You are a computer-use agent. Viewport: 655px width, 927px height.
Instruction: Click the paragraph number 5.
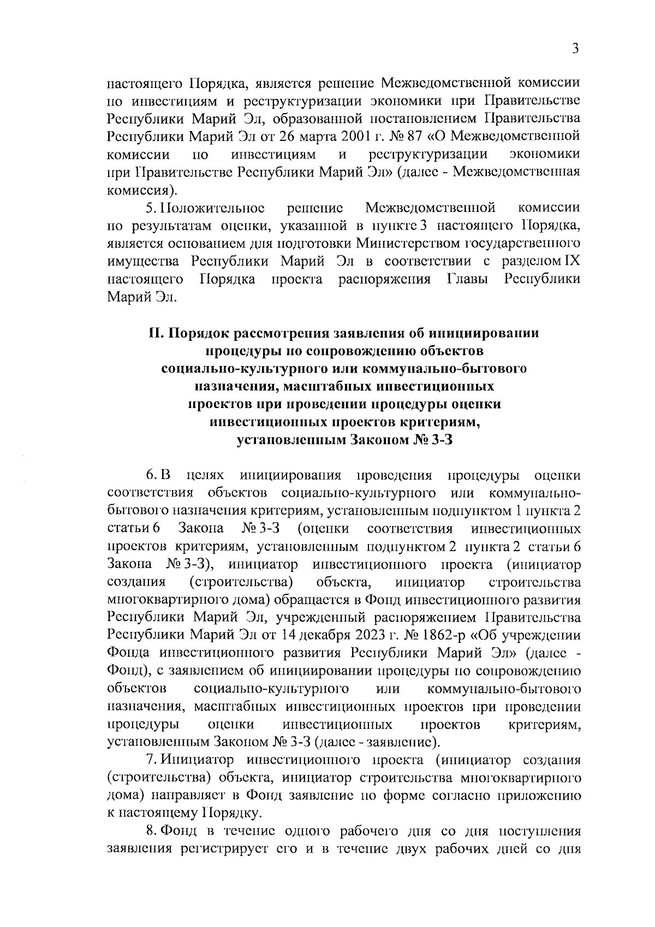click(x=150, y=208)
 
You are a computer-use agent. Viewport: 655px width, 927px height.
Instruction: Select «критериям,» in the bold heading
click(x=436, y=422)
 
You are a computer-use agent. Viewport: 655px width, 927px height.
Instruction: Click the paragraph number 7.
click(x=150, y=760)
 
